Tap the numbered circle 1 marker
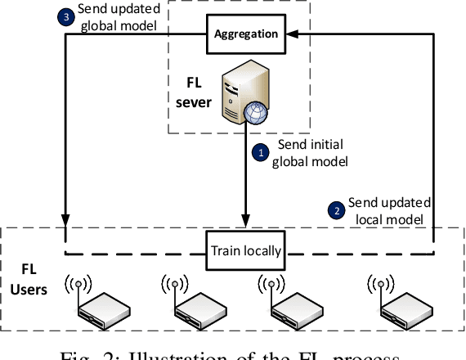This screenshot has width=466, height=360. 261,151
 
